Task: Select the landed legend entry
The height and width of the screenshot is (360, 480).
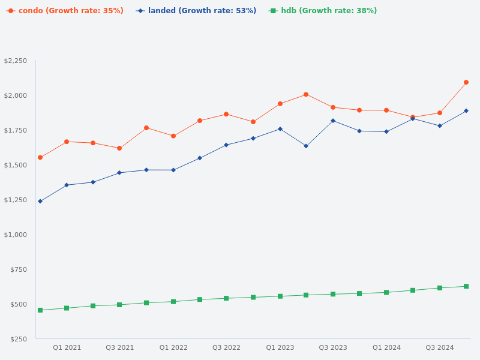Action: [x=196, y=11]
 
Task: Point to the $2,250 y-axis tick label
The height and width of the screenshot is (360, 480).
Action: [x=16, y=61]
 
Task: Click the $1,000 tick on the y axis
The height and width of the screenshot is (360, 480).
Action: [x=16, y=235]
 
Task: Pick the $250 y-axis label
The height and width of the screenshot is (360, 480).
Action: [x=19, y=339]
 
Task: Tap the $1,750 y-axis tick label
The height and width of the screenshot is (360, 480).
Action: [x=16, y=131]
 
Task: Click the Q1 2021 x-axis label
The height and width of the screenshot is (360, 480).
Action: [x=67, y=348]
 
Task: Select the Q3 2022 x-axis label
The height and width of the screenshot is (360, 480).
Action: [x=226, y=348]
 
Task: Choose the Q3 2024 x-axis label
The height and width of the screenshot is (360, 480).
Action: [x=440, y=348]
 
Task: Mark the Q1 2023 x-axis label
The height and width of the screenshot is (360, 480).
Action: [x=280, y=348]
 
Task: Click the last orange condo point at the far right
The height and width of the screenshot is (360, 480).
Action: [x=466, y=82]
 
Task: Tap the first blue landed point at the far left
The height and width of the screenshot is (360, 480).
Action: [x=40, y=202]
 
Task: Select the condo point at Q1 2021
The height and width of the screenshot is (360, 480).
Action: [x=67, y=142]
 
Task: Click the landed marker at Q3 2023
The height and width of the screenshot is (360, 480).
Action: [x=333, y=121]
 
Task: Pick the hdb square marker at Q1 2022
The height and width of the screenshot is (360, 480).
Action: [x=173, y=302]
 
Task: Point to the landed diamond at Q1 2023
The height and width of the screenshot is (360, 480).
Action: [x=280, y=129]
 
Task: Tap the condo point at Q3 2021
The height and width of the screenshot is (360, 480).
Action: [x=119, y=148]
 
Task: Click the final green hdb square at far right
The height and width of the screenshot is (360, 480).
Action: [x=466, y=286]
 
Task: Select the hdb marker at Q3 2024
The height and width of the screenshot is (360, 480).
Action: [x=440, y=288]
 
